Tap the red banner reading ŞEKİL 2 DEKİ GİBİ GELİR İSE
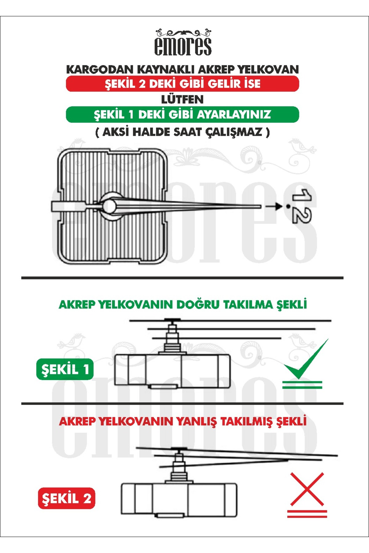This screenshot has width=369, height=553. tap(182, 84)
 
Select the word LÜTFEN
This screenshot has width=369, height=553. tap(182, 100)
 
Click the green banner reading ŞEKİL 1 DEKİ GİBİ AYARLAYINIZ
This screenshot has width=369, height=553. tap(182, 115)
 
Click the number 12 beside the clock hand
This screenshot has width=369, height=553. tap(301, 206)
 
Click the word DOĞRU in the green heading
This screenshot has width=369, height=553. tap(198, 305)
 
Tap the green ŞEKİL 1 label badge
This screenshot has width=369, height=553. tap(65, 369)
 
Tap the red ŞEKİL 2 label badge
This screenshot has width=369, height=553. tap(66, 498)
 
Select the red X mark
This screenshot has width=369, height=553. tap(307, 489)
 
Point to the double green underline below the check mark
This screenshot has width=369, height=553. tap(302, 385)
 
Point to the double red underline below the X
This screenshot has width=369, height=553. tap(307, 514)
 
